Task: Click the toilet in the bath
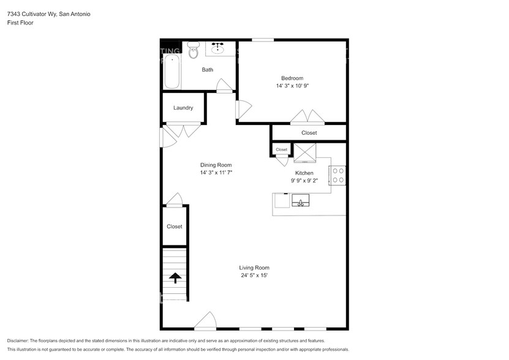pos(194,51)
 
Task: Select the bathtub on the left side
pos(172,72)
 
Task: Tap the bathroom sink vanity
pos(219,48)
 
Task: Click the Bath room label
pos(208,70)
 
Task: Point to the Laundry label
pos(183,108)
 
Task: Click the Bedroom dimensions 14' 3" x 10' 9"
pos(292,86)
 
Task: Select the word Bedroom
pos(292,78)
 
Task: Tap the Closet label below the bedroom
pos(309,133)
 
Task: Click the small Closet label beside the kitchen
pos(281,149)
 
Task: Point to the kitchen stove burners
pos(338,175)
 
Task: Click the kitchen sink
pos(301,201)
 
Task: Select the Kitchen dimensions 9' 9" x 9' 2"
pos(304,181)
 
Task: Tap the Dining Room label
pos(216,165)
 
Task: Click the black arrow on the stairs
pos(175,279)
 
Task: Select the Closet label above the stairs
pos(175,227)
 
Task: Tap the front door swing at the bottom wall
pos(205,321)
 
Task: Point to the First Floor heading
pos(20,23)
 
